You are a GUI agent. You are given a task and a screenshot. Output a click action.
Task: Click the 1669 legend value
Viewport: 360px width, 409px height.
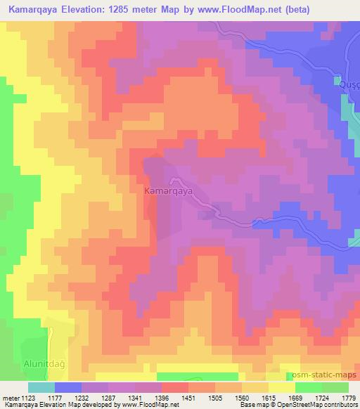(x=306, y=397)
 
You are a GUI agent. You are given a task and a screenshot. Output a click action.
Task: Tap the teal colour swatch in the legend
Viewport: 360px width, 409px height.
(x=41, y=387)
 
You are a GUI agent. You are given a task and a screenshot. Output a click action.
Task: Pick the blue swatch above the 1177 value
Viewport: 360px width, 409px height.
(x=68, y=387)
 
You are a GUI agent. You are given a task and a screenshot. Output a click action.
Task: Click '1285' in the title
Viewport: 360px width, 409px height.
(x=141, y=9)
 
